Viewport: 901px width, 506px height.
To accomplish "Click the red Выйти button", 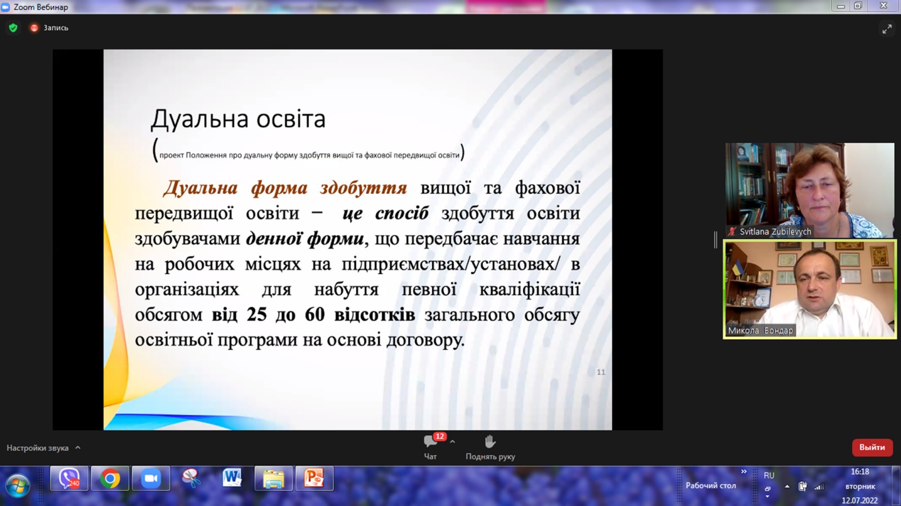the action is pos(872,447).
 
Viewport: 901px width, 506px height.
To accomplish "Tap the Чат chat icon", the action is pos(430,442).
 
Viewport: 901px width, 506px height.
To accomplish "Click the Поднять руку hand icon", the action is pos(490,442).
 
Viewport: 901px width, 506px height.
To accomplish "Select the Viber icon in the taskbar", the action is pos(69,478).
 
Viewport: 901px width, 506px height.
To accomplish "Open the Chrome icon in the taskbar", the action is pos(110,478).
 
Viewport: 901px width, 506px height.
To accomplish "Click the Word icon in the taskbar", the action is pos(232,478).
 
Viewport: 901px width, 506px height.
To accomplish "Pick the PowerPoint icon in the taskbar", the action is pos(314,478).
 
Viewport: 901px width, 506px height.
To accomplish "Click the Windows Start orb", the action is pos(17,485).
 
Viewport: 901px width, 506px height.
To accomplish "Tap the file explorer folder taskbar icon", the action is pos(274,478).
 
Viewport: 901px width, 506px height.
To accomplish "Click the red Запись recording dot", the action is pos(34,28).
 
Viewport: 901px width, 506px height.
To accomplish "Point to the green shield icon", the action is pos(14,28).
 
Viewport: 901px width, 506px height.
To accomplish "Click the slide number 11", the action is pos(601,372).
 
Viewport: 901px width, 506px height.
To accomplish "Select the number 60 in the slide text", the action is pos(315,314).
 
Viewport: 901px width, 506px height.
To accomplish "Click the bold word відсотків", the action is pos(374,314).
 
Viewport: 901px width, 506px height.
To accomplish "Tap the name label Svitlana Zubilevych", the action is pos(775,231).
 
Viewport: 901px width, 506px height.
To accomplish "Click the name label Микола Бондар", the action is pos(760,330).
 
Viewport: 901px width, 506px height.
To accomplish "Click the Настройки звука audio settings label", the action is pos(37,447).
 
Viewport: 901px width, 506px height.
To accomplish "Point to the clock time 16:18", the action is pos(860,472).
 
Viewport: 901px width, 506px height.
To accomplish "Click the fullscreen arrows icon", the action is pos(887,29).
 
